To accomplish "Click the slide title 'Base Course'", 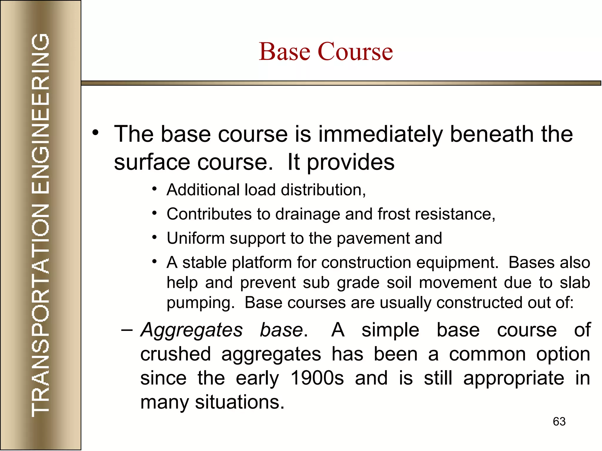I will (326, 51).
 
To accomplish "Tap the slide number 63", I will (559, 422).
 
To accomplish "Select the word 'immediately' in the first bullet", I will (380, 134).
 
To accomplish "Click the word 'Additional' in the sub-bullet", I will (203, 190).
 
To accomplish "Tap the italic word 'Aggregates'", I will (192, 330).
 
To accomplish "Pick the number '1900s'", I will (317, 378).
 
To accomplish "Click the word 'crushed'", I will (175, 354).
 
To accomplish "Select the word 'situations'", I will (239, 402).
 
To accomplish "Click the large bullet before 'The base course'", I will (95, 133).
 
